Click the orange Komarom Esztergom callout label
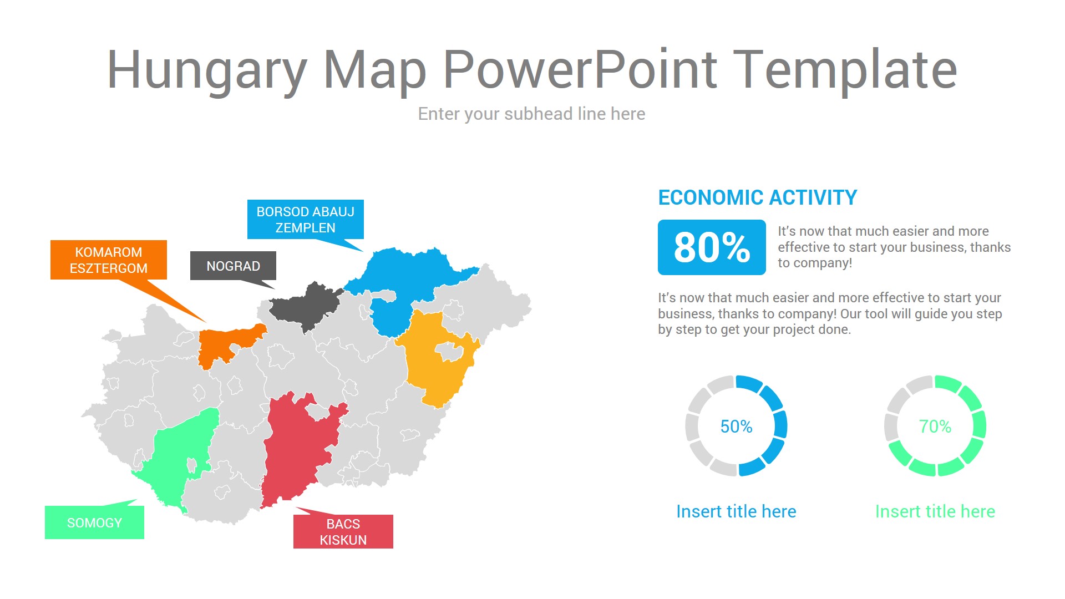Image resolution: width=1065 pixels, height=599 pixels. (x=109, y=260)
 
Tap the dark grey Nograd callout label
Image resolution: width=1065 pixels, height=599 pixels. (x=233, y=266)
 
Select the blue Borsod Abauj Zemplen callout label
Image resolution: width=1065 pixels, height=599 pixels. (x=306, y=219)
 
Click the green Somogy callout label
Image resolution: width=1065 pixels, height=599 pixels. (x=94, y=522)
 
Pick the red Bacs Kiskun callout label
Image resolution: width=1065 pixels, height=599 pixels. (x=343, y=531)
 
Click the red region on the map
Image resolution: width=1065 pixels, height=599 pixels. (x=300, y=449)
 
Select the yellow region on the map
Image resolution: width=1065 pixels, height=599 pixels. (x=438, y=361)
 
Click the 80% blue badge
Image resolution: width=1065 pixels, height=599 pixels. (x=712, y=247)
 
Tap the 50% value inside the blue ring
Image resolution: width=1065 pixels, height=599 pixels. (x=736, y=426)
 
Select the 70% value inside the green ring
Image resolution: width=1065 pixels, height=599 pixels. (x=935, y=426)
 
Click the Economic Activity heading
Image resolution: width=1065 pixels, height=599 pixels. (x=758, y=197)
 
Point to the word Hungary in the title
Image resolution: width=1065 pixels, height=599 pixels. (x=207, y=70)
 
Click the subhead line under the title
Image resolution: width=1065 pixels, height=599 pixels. (x=531, y=114)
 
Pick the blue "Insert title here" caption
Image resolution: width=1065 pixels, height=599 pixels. (x=736, y=511)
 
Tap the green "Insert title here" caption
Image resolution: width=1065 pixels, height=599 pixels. (x=935, y=511)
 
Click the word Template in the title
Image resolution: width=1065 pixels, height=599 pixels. (x=845, y=70)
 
